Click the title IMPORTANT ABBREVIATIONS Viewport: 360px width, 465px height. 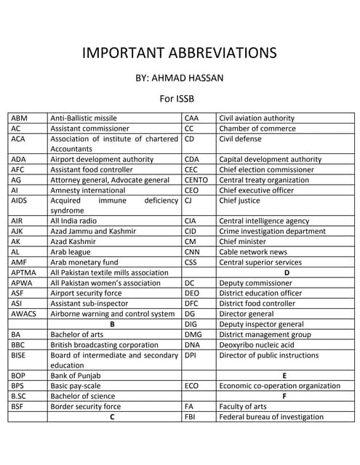[179, 53]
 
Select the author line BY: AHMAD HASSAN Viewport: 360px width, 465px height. [180, 78]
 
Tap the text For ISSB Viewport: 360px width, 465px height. [179, 98]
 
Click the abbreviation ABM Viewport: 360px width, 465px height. [19, 118]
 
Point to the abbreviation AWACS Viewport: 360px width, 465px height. [24, 314]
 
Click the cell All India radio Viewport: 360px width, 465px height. [73, 221]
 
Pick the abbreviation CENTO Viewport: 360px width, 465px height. [197, 180]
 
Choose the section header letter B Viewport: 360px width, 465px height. [113, 324]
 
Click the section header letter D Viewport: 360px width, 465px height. [286, 272]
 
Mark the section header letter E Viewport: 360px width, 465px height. [284, 376]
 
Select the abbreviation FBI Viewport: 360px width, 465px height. [190, 417]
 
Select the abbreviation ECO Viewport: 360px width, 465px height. [191, 386]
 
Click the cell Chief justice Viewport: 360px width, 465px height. [239, 201]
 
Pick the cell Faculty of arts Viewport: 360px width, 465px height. [243, 407]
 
